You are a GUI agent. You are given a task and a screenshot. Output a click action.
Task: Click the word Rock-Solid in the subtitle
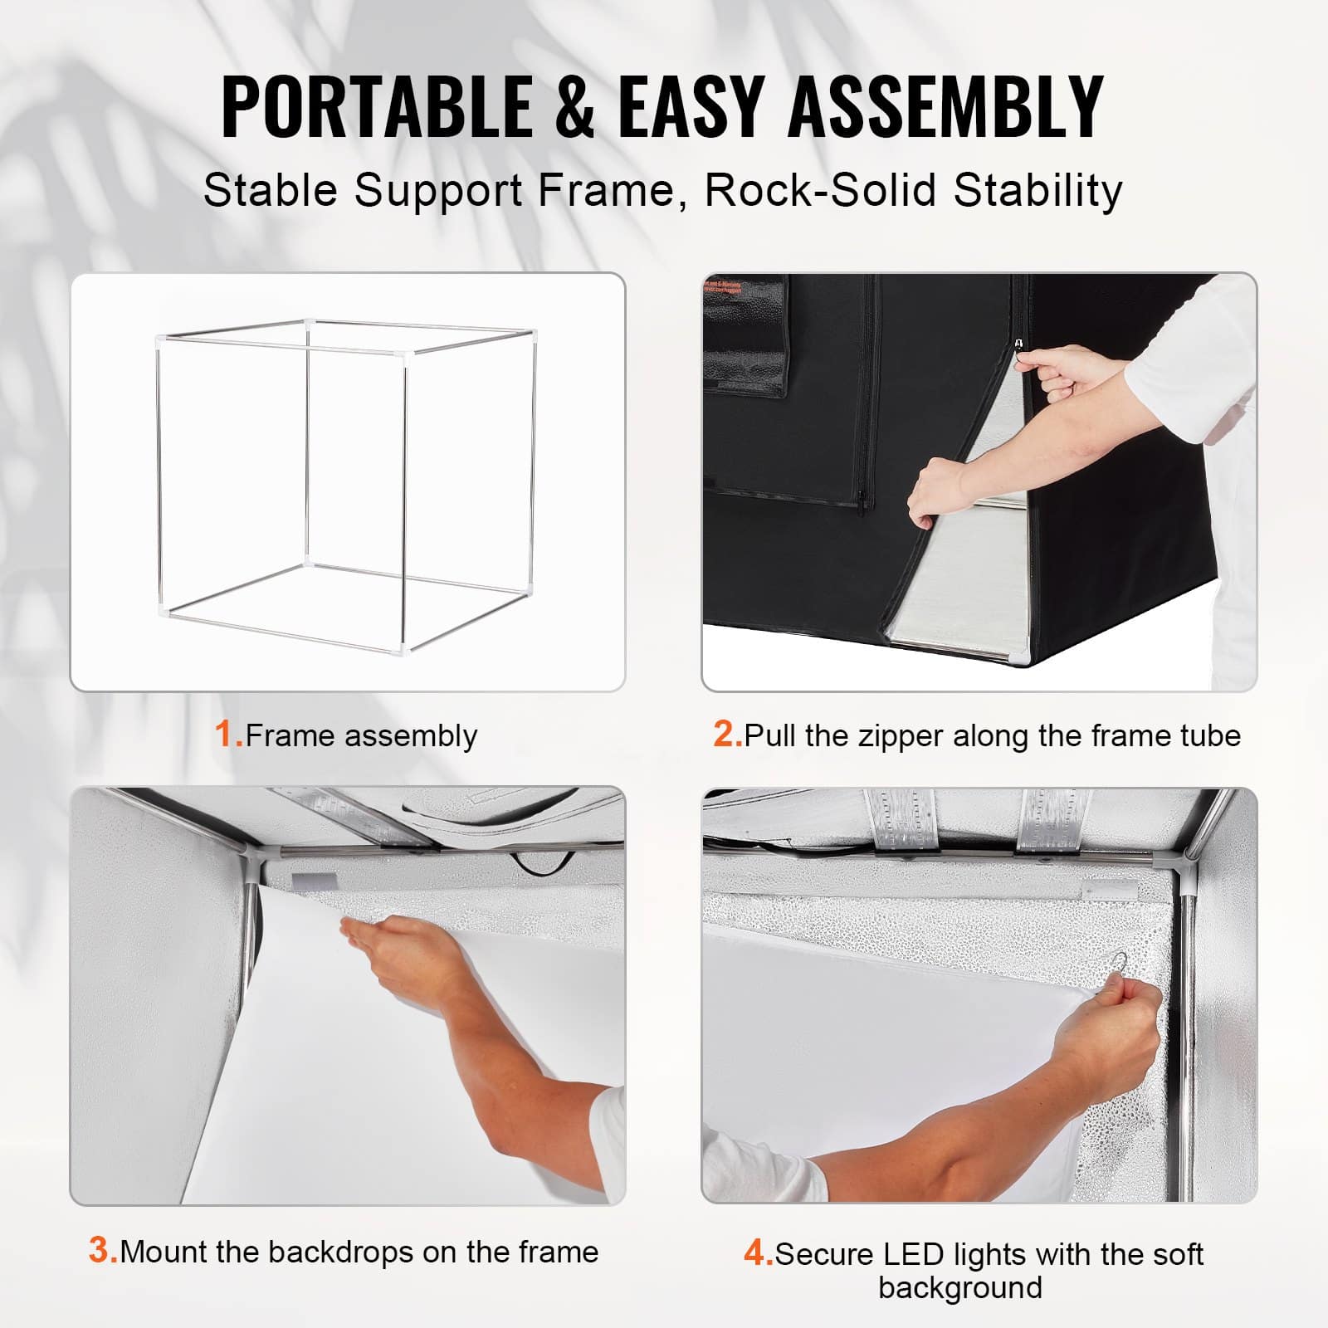click(x=822, y=191)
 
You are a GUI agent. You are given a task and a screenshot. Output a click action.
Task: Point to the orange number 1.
click(x=226, y=735)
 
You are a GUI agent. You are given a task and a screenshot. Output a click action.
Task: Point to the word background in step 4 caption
click(x=960, y=1287)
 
